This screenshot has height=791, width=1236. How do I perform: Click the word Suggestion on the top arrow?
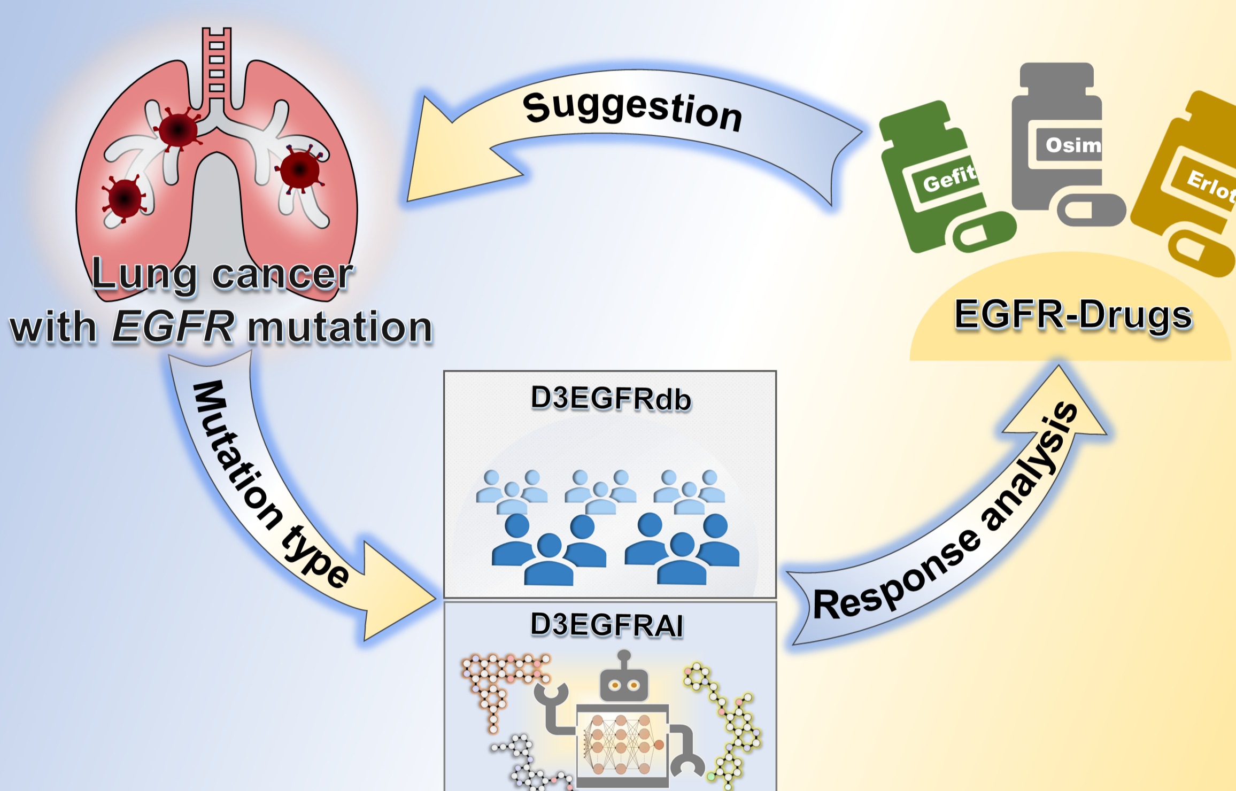pos(632,111)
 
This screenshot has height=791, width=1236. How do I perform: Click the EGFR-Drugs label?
pos(1073,315)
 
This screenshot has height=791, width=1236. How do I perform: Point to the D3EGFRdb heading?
pos(611,399)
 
